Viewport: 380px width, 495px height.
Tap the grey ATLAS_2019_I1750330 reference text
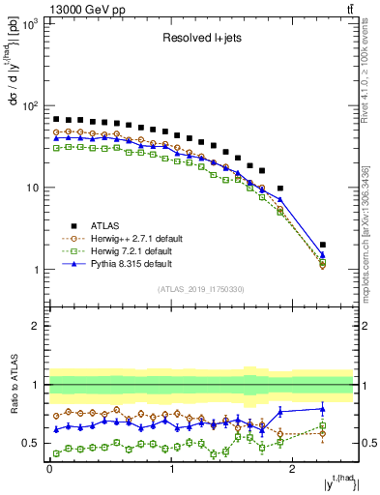[x=201, y=288]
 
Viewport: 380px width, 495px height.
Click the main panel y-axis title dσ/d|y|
[x=13, y=87]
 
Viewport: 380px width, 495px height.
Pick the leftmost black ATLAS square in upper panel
[x=56, y=119]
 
